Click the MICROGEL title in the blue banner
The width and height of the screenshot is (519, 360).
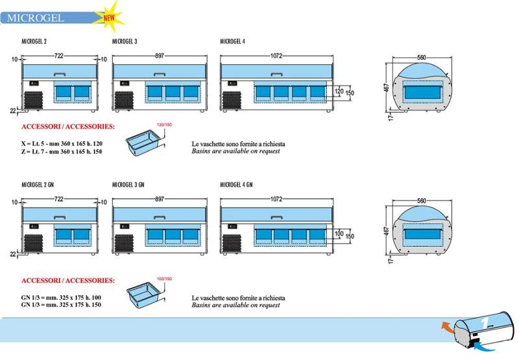pyautogui.click(x=36, y=18)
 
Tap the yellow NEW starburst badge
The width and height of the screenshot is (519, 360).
pyautogui.click(x=109, y=17)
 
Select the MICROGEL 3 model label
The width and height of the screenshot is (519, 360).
pyautogui.click(x=125, y=42)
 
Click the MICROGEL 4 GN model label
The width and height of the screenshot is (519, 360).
pyautogui.click(x=236, y=185)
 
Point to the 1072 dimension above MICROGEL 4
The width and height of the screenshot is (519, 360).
pyautogui.click(x=276, y=56)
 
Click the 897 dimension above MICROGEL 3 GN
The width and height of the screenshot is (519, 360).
pyautogui.click(x=160, y=199)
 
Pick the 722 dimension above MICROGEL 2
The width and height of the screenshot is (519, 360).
pyautogui.click(x=58, y=56)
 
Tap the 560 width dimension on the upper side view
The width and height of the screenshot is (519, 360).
pyautogui.click(x=421, y=58)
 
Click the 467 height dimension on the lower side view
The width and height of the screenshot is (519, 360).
pyautogui.click(x=386, y=231)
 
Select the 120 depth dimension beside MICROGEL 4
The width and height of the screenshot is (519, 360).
pyautogui.click(x=339, y=91)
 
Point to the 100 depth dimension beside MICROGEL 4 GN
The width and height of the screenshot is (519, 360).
pyautogui.click(x=339, y=234)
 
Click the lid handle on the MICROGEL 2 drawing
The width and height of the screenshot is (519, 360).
pyautogui.click(x=60, y=74)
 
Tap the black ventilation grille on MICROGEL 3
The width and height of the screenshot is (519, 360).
pyautogui.click(x=124, y=101)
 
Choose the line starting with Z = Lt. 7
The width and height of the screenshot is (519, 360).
pyautogui.click(x=62, y=152)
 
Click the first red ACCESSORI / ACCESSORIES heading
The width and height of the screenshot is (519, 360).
pyautogui.click(x=68, y=126)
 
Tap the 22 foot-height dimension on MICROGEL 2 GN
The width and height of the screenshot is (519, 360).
pyautogui.click(x=13, y=254)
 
